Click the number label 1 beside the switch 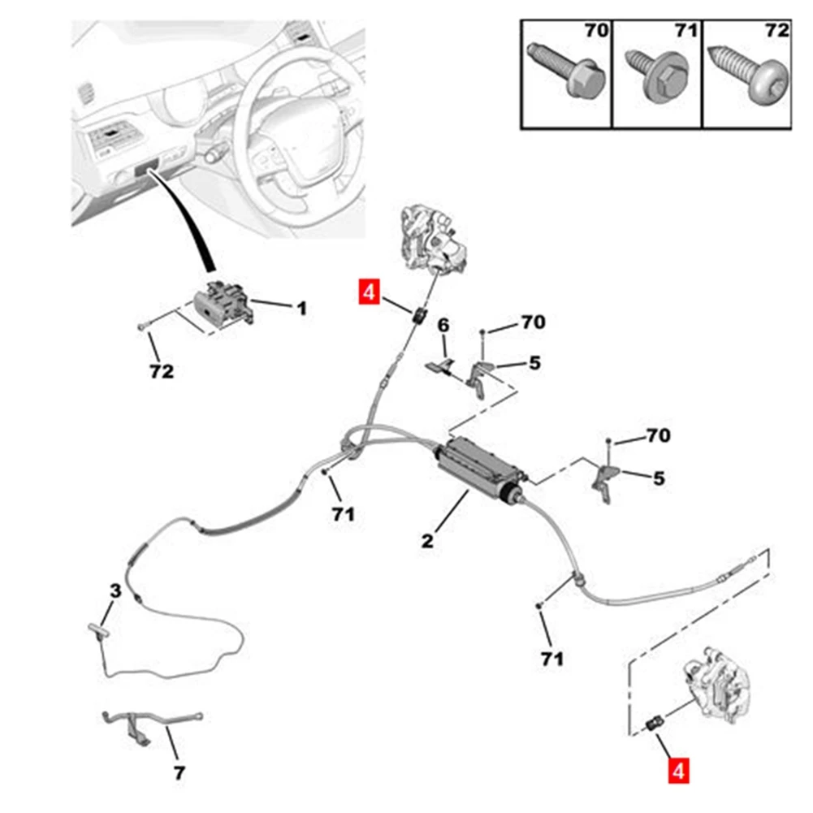coord(301,309)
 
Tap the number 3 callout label coord(115,592)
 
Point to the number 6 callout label coord(443,326)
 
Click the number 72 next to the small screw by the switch coord(162,372)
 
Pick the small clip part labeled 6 coord(439,363)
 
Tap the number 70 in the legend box coord(596,32)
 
